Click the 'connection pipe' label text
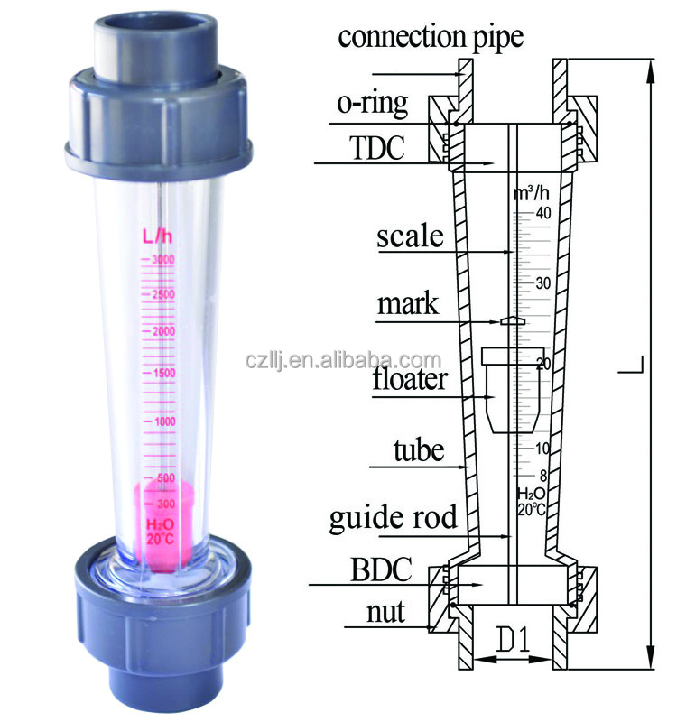(430, 36)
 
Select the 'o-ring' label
(372, 102)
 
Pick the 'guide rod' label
(393, 517)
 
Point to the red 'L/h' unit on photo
(157, 236)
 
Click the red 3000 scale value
(162, 260)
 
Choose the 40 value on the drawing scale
(543, 214)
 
